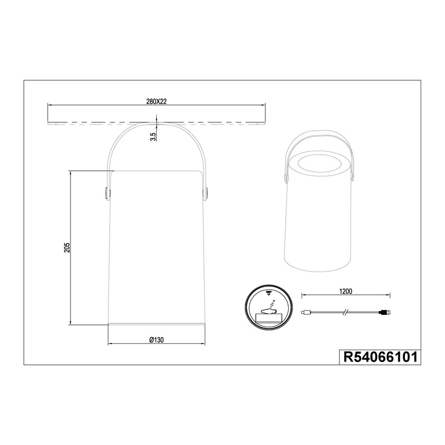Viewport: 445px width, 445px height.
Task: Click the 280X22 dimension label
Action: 156,102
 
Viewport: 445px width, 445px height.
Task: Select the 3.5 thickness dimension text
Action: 154,137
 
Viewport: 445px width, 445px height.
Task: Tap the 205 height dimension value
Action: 67,248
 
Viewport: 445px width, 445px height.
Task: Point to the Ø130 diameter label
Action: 156,340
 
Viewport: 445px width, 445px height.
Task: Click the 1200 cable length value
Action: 345,291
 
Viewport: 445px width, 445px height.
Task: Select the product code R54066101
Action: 380,357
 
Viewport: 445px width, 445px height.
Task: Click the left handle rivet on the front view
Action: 106,193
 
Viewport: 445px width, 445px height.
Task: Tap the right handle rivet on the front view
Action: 206,193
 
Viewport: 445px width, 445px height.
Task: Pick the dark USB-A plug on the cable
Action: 385,313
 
